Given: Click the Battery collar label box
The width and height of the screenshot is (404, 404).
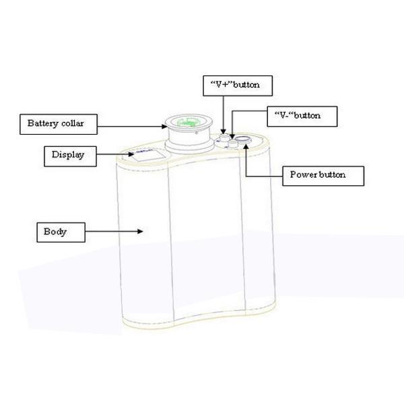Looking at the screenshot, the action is point(59,124).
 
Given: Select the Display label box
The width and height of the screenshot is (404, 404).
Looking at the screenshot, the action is point(70,156).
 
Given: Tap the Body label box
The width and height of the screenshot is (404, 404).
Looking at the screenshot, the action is point(61,232).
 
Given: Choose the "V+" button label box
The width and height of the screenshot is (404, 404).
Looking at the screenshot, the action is point(238,86).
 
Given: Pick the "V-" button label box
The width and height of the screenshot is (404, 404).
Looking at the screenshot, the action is point(302,116).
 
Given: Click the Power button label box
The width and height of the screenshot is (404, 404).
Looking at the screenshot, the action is point(323,176).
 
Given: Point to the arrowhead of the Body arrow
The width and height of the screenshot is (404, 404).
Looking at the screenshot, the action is point(140,231).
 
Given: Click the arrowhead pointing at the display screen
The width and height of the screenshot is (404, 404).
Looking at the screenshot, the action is point(131,154).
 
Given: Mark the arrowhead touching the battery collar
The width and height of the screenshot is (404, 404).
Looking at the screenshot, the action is point(164,127).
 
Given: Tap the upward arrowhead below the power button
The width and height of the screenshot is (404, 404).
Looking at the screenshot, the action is point(246,147).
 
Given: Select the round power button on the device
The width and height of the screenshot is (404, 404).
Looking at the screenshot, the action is point(244,140).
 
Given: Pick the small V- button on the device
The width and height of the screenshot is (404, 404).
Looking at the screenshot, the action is point(233,143).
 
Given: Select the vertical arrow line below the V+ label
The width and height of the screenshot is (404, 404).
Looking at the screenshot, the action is point(224,115).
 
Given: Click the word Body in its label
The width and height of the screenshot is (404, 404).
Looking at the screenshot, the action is point(55,232).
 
